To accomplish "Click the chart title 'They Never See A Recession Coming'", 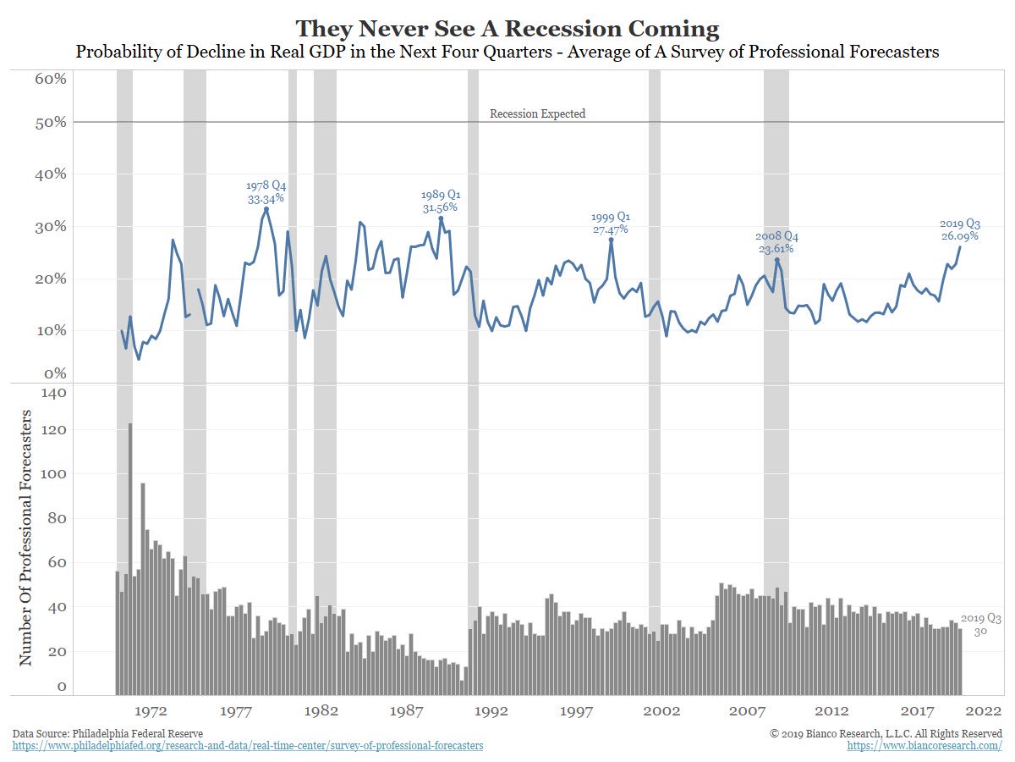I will pyautogui.click(x=507, y=29).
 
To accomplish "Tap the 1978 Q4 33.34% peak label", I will pyautogui.click(x=266, y=192).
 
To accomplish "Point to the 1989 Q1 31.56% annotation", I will pyautogui.click(x=441, y=201).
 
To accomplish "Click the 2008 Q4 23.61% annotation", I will pyautogui.click(x=776, y=243).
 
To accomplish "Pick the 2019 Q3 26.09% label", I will pyautogui.click(x=959, y=229).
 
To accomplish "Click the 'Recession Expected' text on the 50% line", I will pyautogui.click(x=537, y=113).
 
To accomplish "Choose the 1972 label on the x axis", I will pyautogui.click(x=154, y=712).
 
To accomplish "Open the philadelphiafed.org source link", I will pyautogui.click(x=249, y=746).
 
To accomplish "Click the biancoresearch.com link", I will pyautogui.click(x=924, y=746).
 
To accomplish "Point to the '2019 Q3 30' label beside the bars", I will pyautogui.click(x=980, y=625).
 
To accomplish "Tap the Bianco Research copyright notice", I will pyautogui.click(x=886, y=732).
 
